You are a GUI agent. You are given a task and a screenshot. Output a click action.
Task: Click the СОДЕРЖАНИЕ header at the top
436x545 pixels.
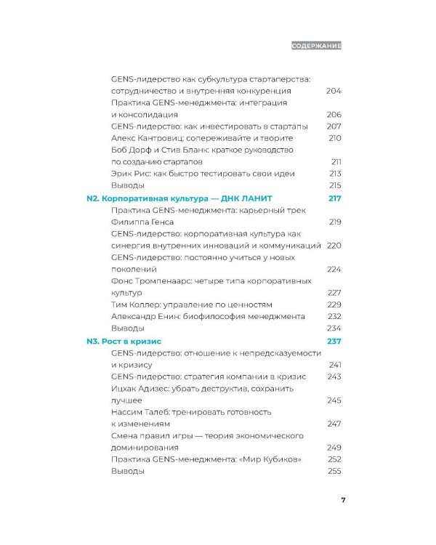[315, 45]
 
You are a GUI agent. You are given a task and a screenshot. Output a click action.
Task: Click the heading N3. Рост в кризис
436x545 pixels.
[123, 342]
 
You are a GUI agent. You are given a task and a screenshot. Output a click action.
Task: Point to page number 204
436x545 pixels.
[334, 91]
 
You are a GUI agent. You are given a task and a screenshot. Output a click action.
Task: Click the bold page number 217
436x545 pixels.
[334, 198]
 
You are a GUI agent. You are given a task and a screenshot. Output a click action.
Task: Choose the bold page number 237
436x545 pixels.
[334, 342]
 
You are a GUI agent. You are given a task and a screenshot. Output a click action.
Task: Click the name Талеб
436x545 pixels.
[170, 412]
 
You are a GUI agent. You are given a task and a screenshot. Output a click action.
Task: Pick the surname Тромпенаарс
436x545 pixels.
[172, 280]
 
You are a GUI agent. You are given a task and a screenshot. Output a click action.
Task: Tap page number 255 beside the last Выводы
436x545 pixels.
[334, 472]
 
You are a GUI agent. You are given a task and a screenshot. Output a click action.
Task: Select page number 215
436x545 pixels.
[334, 186]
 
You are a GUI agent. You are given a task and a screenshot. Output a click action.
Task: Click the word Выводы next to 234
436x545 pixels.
[126, 328]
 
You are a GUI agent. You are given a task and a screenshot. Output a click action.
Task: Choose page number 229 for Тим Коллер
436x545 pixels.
[334, 304]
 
